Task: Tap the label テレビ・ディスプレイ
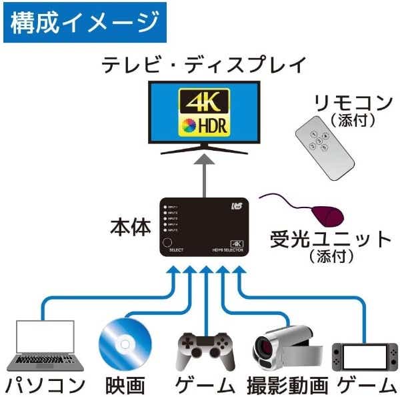tap(204, 65)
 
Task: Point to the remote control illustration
tap(325, 147)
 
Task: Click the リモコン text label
tap(353, 103)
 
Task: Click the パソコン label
tap(45, 384)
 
